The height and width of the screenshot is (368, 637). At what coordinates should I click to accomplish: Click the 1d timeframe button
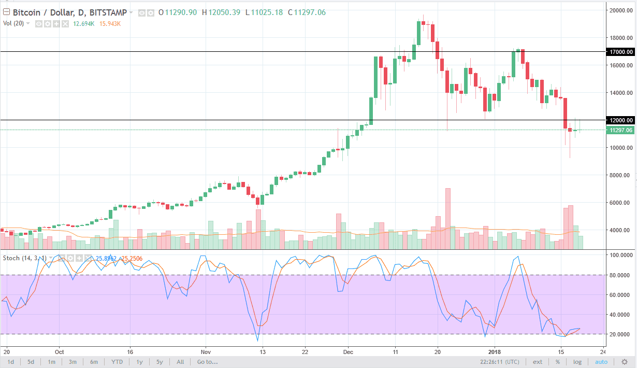(10, 362)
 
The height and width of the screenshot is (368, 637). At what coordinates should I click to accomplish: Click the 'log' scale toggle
(577, 362)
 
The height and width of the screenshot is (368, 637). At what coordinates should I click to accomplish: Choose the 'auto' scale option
(601, 362)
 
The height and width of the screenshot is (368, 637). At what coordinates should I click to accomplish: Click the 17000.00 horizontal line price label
(620, 52)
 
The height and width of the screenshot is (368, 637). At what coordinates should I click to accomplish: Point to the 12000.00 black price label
(620, 120)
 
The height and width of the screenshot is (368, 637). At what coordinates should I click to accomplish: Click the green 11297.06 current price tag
(620, 130)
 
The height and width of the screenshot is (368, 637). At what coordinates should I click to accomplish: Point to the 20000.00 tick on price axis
(620, 10)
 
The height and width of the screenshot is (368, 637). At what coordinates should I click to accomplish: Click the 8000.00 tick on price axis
(620, 175)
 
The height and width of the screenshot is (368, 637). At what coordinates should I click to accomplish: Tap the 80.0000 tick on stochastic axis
(621, 275)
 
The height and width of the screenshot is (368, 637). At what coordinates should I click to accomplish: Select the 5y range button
(160, 362)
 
